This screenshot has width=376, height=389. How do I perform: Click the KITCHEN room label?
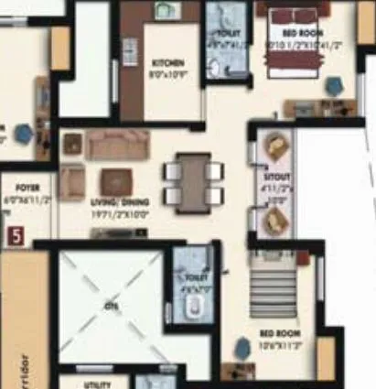pyautogui.click(x=167, y=62)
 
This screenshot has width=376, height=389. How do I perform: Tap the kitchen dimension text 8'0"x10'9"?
pyautogui.click(x=167, y=71)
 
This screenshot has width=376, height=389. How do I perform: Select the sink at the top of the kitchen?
pyautogui.click(x=166, y=11)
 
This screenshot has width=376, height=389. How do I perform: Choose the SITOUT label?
pyautogui.click(x=274, y=183)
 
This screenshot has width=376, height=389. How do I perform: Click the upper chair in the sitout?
pyautogui.click(x=275, y=146)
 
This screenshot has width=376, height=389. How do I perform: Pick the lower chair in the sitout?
pyautogui.click(x=275, y=220)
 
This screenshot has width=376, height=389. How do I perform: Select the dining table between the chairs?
pyautogui.click(x=191, y=180)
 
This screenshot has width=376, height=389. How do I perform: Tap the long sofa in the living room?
pyautogui.click(x=118, y=145)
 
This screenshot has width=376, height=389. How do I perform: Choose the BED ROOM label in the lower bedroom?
pyautogui.click(x=276, y=333)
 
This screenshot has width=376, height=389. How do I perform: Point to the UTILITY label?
pyautogui.click(x=97, y=385)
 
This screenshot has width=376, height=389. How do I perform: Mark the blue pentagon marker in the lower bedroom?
pyautogui.click(x=242, y=348)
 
